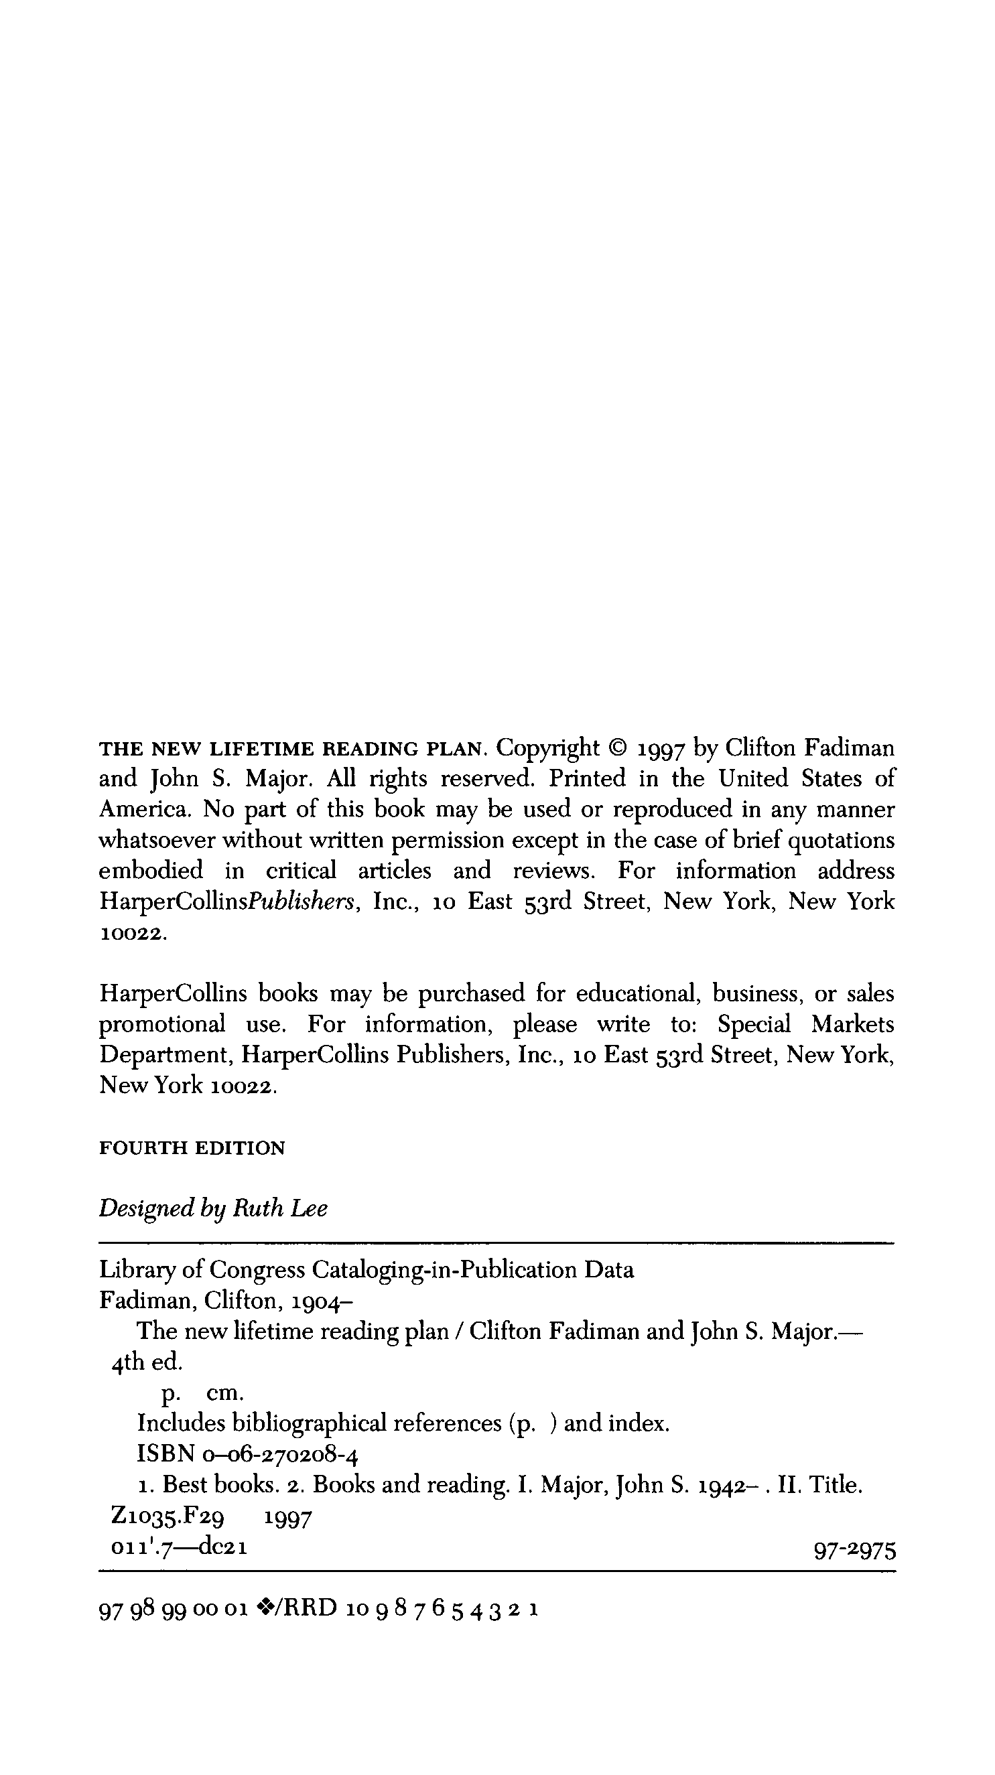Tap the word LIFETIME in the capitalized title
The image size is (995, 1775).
261,749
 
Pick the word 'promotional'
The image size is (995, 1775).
162,1025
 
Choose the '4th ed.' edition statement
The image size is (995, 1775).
146,1362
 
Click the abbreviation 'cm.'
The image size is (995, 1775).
224,1393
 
